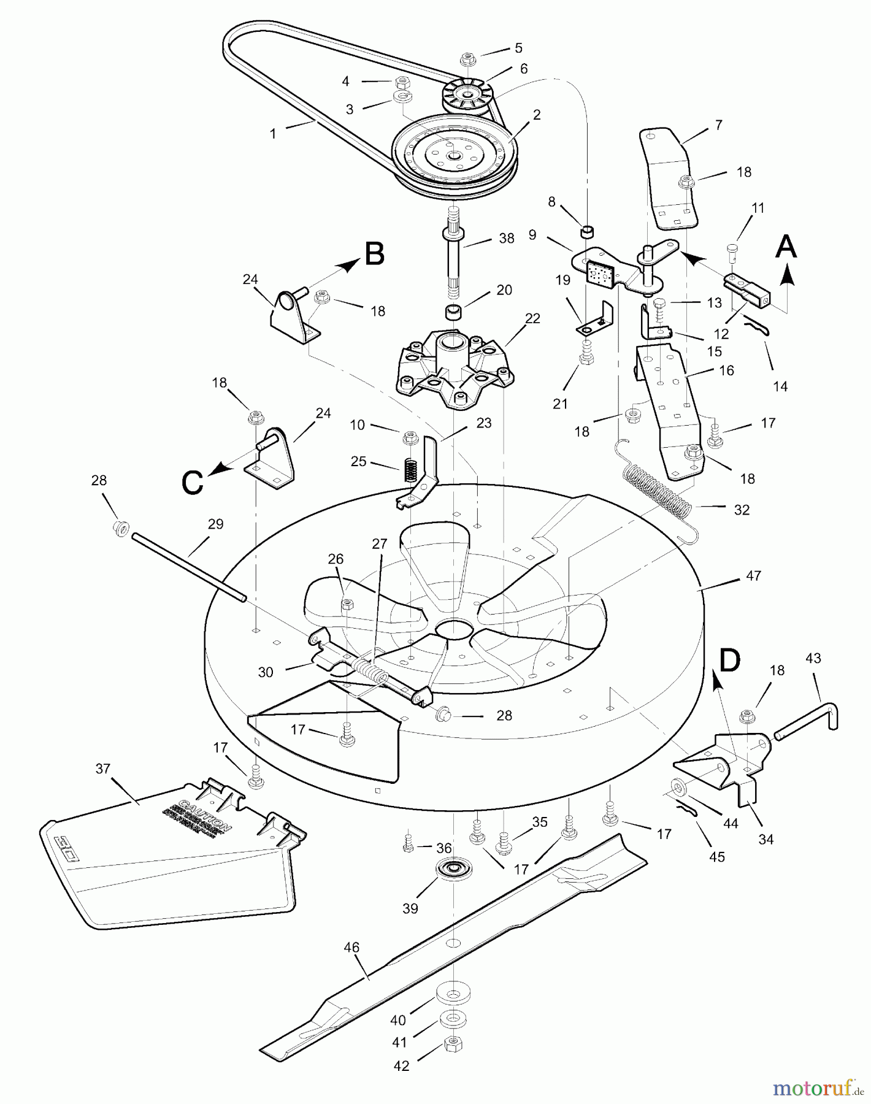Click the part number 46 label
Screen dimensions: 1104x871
[x=351, y=948]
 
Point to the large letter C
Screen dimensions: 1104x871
[x=192, y=482]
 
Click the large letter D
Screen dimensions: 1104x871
[x=729, y=660]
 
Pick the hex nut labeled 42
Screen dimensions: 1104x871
[x=452, y=1042]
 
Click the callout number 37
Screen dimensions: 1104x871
[x=104, y=769]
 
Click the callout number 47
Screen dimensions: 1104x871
[x=753, y=575]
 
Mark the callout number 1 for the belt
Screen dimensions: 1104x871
[x=273, y=133]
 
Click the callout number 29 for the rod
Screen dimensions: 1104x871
[x=215, y=524]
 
